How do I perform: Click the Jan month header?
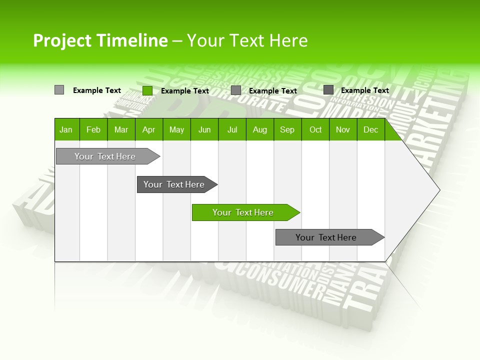[x=66, y=129]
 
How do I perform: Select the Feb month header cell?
[x=93, y=129]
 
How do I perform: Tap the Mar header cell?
[x=121, y=129]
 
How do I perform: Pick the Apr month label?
[x=149, y=129]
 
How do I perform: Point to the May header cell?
[x=176, y=129]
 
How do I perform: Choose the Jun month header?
[x=204, y=129]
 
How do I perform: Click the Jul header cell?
[x=232, y=129]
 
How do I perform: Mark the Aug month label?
[x=260, y=129]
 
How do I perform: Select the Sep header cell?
[x=287, y=129]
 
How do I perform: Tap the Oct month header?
[x=315, y=129]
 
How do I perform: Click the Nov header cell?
[x=343, y=129]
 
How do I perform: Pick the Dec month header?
[x=371, y=129]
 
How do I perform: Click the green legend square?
[x=147, y=90]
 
